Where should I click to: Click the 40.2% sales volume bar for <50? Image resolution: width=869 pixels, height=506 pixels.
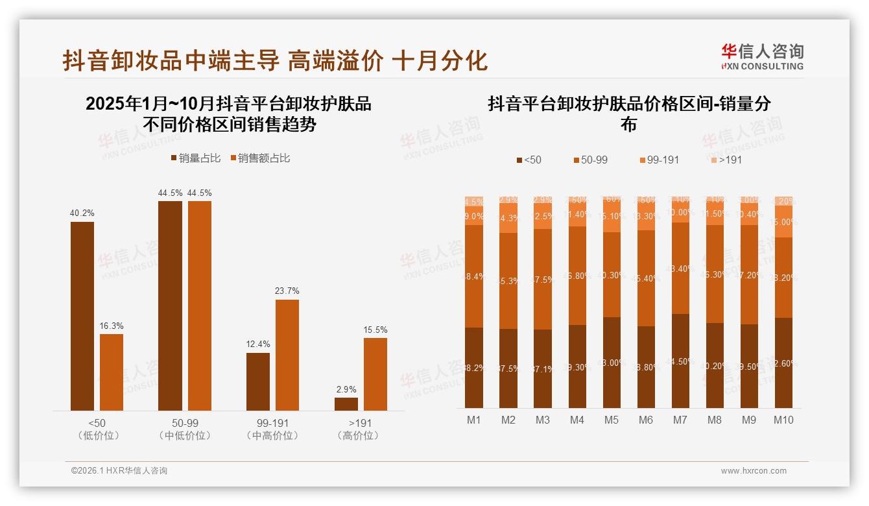click(x=82, y=316)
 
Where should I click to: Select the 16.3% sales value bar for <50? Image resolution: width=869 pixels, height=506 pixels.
click(x=112, y=372)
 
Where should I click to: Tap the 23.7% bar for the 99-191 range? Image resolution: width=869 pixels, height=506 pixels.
click(x=287, y=354)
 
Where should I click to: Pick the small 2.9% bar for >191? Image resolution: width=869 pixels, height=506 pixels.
click(x=346, y=404)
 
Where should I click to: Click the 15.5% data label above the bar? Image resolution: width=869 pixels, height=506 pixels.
click(x=376, y=330)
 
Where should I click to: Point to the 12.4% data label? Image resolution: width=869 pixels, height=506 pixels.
click(x=258, y=344)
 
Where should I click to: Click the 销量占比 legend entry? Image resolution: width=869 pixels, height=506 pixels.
click(x=196, y=158)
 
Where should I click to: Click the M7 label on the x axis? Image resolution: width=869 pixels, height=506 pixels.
click(x=680, y=420)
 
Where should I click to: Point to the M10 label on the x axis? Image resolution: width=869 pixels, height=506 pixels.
click(x=783, y=420)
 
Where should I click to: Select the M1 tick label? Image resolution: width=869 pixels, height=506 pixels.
click(x=474, y=420)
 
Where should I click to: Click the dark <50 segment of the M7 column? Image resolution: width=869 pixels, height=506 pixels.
click(x=680, y=361)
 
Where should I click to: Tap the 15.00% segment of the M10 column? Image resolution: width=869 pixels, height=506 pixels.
click(x=783, y=222)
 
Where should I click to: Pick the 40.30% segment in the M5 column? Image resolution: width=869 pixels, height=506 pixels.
click(x=612, y=275)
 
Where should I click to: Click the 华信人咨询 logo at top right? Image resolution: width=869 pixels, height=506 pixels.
click(x=763, y=56)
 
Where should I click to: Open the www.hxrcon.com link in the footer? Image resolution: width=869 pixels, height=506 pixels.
click(x=754, y=471)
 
